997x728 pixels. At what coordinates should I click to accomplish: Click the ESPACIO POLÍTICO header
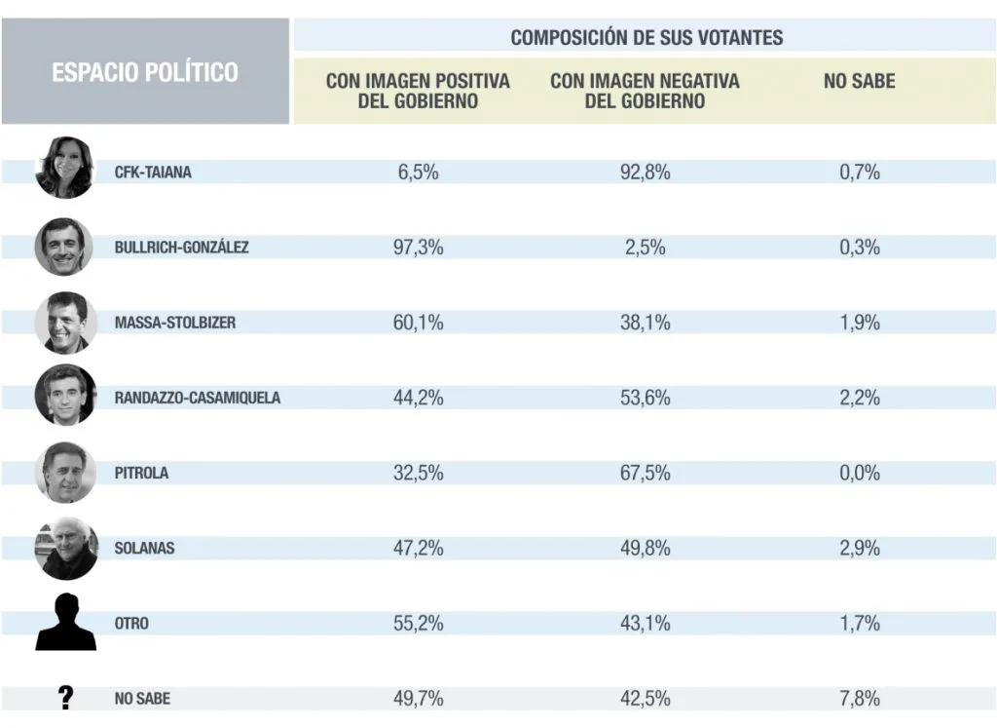point(145,72)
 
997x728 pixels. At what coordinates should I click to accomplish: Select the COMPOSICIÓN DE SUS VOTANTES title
point(646,38)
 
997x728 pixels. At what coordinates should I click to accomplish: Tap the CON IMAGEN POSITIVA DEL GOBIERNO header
point(418,91)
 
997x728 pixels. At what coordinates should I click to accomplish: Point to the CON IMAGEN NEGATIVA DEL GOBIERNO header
point(645,91)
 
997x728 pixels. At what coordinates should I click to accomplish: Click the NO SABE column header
point(859,82)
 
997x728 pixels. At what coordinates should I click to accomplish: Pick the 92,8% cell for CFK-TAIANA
point(645,172)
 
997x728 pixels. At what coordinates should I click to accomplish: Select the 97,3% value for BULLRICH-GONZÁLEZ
point(418,248)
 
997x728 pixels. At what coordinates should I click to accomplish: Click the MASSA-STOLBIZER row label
point(175,323)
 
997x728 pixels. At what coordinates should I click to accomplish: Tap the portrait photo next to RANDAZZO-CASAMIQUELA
point(65,396)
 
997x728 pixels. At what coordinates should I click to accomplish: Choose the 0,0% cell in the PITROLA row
point(859,473)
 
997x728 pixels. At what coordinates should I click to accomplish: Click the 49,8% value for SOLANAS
point(645,548)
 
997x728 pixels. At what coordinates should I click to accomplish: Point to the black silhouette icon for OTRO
point(65,623)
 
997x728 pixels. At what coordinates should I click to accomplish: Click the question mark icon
point(65,698)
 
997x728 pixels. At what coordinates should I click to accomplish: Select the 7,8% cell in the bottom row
point(859,698)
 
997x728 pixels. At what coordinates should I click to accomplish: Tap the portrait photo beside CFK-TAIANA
point(65,168)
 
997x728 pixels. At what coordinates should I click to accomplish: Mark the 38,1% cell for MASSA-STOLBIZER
point(645,323)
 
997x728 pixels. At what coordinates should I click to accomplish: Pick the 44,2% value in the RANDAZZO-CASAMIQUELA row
point(418,398)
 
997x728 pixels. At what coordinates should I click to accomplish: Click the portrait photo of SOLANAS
point(65,548)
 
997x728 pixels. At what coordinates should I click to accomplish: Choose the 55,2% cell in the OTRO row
point(418,623)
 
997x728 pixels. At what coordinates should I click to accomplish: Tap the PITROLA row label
point(141,473)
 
